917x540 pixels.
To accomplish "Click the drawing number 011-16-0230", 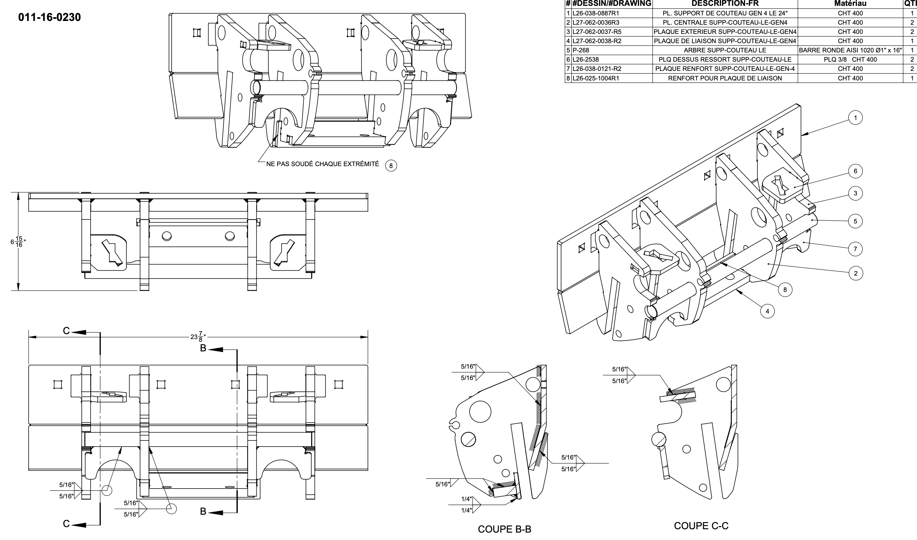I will click(x=50, y=17).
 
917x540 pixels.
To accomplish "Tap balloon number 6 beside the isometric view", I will click(x=855, y=171).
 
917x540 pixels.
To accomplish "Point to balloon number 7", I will click(x=855, y=249).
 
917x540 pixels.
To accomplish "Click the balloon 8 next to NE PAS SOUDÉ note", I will click(x=391, y=166).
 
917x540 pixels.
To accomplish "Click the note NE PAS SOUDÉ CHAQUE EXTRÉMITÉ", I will click(x=322, y=164).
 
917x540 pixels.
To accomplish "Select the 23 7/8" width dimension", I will click(x=198, y=337).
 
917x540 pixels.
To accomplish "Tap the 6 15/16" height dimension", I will click(x=18, y=242).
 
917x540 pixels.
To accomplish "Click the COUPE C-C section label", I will click(x=701, y=526).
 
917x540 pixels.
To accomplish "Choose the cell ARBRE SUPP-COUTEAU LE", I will click(x=725, y=50).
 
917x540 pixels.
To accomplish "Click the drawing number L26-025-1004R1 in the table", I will click(x=596, y=78).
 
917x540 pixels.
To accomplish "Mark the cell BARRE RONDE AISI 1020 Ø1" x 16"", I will click(x=850, y=50).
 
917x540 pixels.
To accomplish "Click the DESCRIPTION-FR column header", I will click(x=725, y=4).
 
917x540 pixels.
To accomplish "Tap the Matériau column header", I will click(x=850, y=4).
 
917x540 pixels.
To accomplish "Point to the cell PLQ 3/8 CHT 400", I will click(x=850, y=59).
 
